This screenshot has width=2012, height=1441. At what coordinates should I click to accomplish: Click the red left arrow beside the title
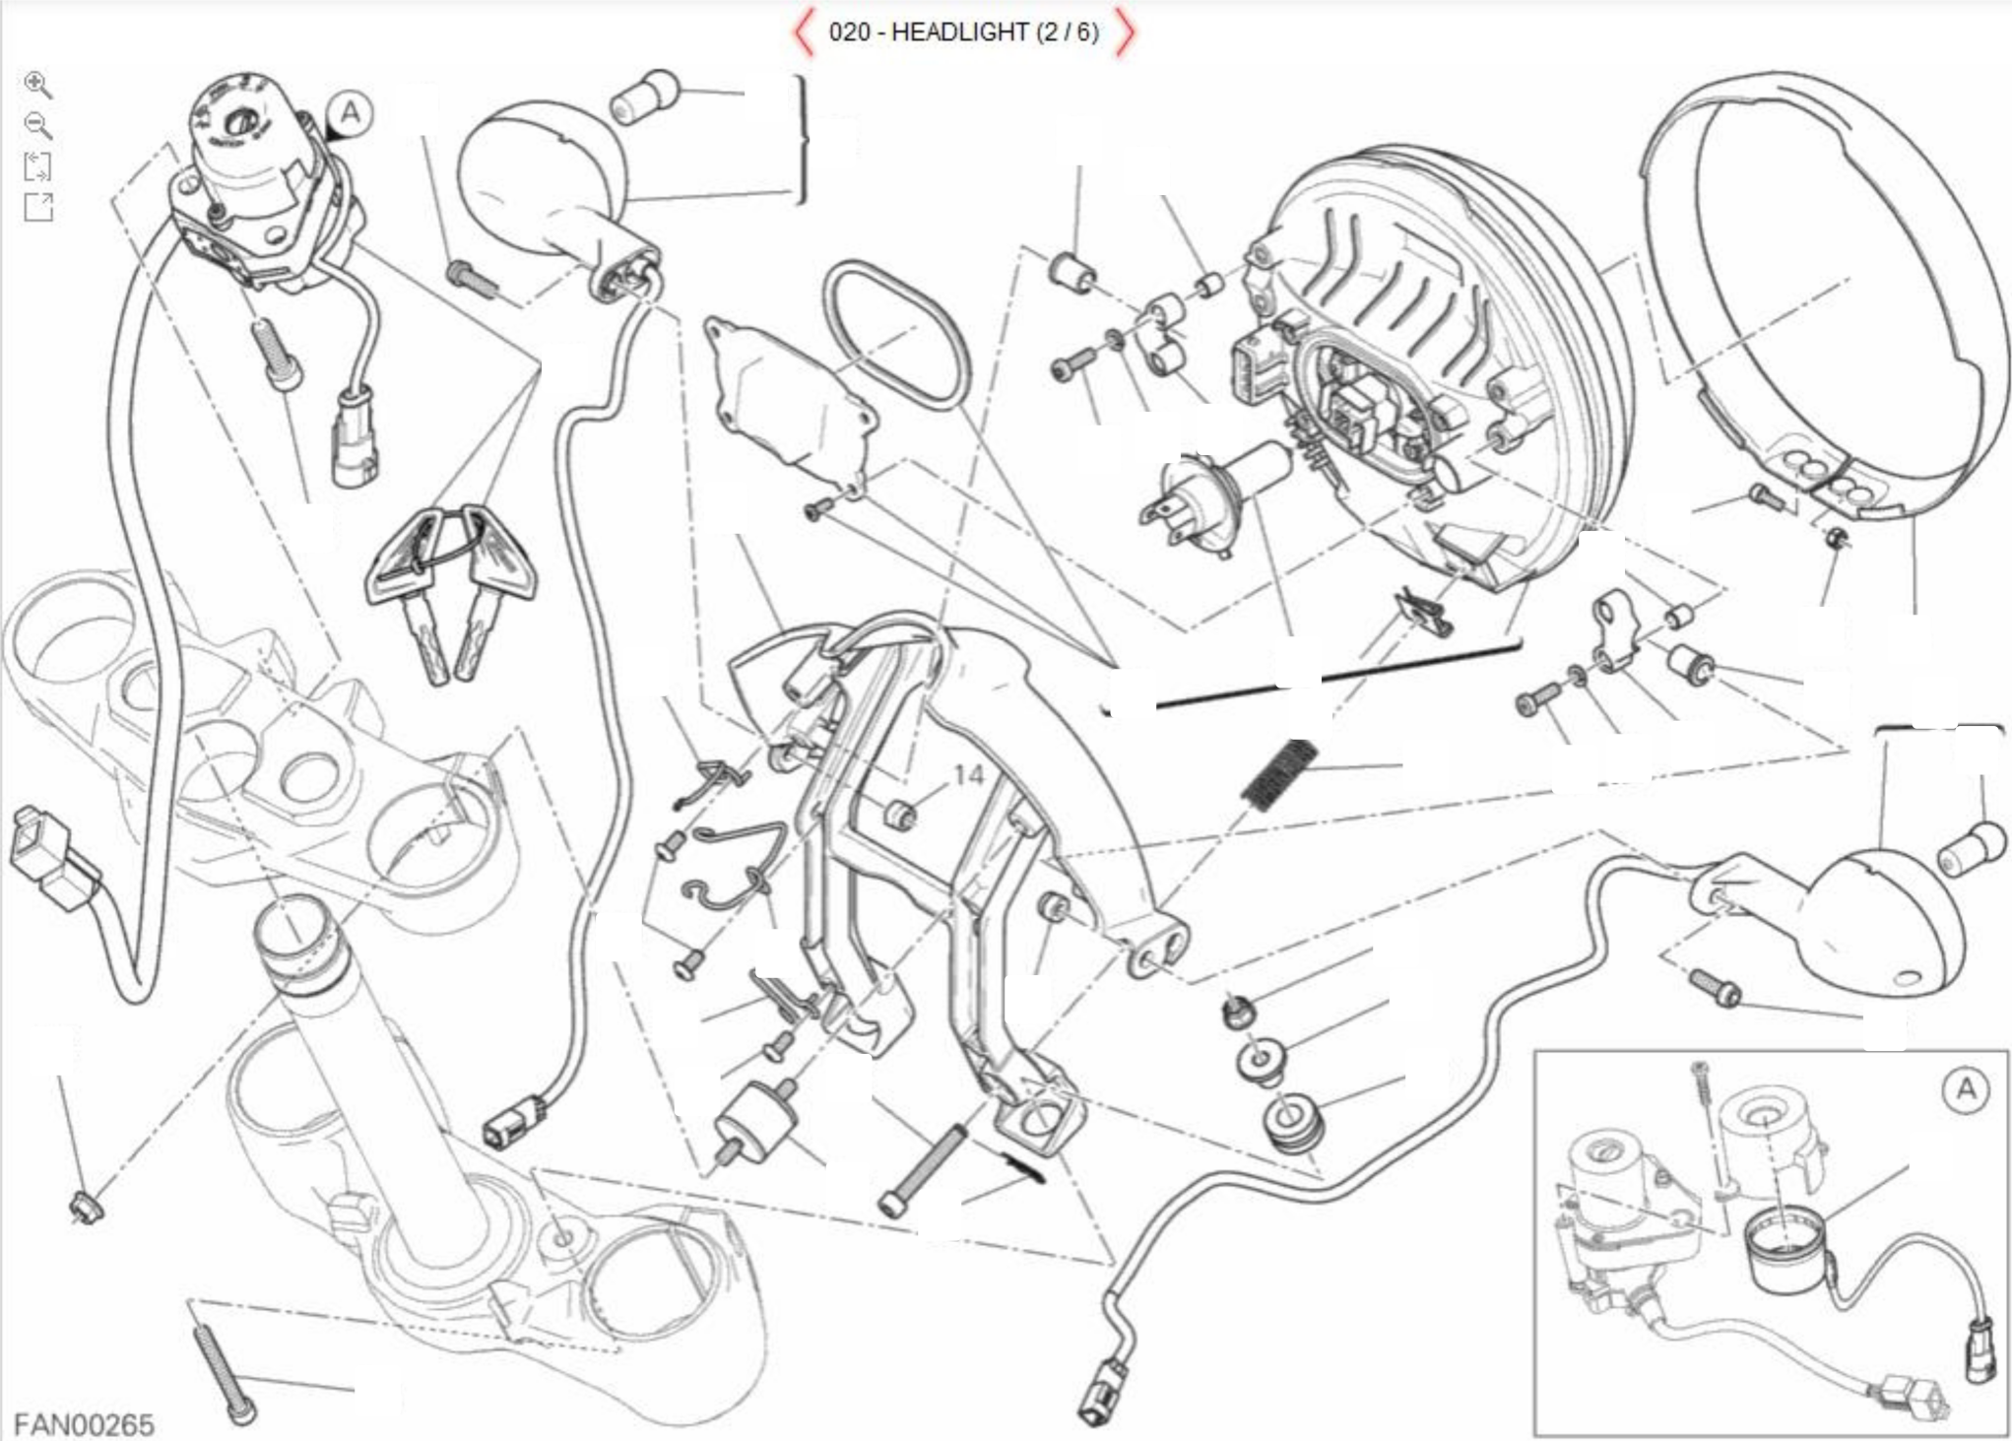(x=804, y=33)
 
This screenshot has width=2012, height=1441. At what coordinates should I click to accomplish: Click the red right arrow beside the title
(x=1125, y=33)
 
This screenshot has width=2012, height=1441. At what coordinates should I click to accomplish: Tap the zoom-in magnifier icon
(x=37, y=85)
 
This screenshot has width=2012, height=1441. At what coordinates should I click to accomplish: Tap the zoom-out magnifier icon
(x=37, y=125)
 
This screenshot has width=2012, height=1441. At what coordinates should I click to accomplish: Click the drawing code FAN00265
(x=84, y=1425)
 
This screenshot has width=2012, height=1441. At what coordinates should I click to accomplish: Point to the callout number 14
(x=968, y=776)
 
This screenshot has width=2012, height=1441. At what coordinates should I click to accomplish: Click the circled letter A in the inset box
(x=1966, y=1089)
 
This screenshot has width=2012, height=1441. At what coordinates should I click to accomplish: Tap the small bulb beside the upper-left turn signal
(x=644, y=96)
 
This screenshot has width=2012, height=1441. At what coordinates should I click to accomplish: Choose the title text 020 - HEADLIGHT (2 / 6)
(x=963, y=33)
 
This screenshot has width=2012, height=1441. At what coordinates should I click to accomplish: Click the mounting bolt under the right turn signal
(x=1715, y=988)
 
